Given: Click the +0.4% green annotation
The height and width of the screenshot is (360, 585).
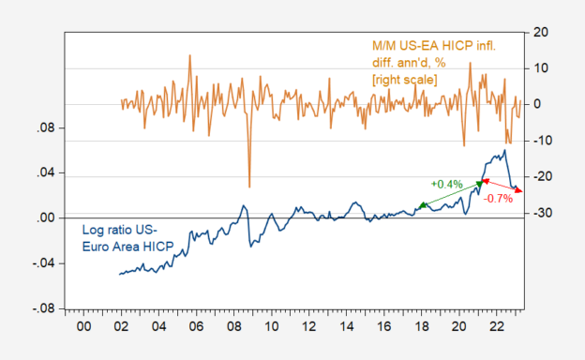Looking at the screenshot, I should (x=446, y=185).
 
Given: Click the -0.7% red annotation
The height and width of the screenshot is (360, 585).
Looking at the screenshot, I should (x=497, y=199).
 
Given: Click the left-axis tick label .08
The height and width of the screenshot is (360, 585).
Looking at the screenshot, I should (x=47, y=128).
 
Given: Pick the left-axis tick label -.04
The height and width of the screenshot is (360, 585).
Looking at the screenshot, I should (x=45, y=263).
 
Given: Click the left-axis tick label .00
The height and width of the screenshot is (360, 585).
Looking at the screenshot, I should (x=47, y=218).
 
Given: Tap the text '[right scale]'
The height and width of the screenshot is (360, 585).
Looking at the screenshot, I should (x=404, y=80).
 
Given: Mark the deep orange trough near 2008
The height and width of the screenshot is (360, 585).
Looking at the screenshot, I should (x=249, y=186).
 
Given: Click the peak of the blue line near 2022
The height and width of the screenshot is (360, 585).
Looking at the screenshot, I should (x=504, y=150).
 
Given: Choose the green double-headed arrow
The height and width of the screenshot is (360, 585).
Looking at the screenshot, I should (x=451, y=194).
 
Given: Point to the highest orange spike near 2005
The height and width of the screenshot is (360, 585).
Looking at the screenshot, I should (x=190, y=55).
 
